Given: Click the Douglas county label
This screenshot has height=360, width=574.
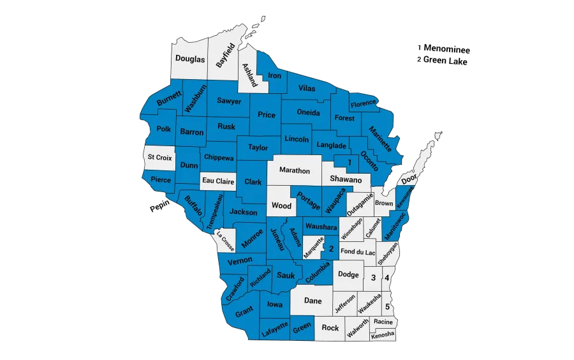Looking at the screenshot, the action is click(190, 59).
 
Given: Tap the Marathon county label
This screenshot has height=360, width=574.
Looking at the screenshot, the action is click(295, 170).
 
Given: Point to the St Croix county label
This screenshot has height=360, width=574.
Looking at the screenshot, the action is click(158, 156).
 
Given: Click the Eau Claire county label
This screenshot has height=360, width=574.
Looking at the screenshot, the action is click(218, 181).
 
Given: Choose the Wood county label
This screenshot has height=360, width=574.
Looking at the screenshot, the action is click(281, 206).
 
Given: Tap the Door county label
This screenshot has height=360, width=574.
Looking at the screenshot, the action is click(409, 179).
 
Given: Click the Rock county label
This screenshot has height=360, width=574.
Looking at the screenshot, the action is click(330, 327).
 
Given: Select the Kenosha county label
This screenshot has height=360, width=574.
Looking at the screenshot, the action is click(383, 334).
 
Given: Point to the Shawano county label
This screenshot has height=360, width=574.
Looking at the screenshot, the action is click(346, 181).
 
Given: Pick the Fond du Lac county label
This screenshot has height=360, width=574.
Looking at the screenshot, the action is click(358, 252).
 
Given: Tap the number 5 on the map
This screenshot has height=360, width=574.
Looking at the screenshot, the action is click(387, 306).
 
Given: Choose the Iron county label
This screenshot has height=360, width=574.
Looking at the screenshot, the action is click(274, 76).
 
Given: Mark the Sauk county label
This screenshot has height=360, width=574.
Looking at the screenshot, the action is click(286, 275).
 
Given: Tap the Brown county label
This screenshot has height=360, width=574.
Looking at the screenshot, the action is click(384, 203).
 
